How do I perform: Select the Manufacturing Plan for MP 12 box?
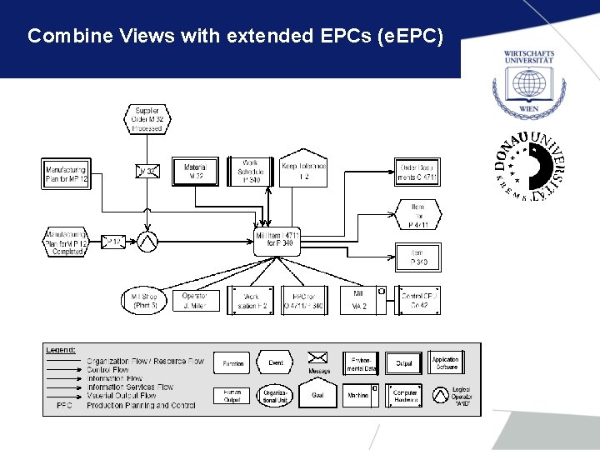[66, 172]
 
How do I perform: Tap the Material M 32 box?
[195, 172]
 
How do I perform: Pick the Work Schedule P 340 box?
[251, 172]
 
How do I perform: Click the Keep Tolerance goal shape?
[303, 169]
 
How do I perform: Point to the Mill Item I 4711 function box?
[277, 241]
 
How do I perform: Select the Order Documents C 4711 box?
[417, 172]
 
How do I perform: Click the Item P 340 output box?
[417, 257]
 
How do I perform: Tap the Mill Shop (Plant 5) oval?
[145, 301]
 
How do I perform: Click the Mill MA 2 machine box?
[359, 301]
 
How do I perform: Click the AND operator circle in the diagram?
[147, 241]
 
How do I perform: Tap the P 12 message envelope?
[113, 242]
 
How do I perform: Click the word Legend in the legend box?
[61, 350]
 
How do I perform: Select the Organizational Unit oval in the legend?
[274, 395]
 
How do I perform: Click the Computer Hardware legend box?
[405, 396]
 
